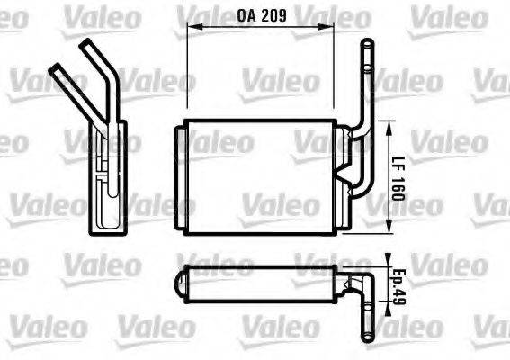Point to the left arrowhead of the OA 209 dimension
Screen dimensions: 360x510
(189, 27)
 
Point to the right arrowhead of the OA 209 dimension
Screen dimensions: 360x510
(335, 27)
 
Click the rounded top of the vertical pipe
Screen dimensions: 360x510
(366, 44)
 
